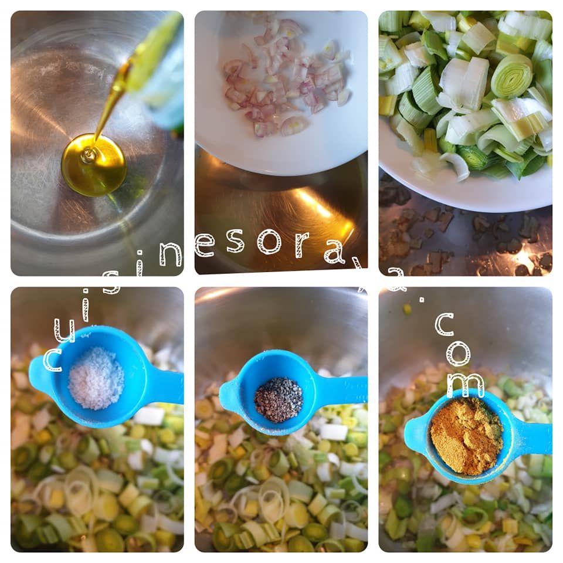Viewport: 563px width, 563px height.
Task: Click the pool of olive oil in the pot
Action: (x=94, y=165)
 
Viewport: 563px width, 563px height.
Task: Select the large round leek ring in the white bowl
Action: (x=511, y=76)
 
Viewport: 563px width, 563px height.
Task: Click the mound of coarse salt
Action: (x=96, y=378)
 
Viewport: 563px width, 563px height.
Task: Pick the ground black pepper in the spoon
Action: (x=279, y=399)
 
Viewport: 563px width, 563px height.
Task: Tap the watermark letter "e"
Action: (x=205, y=245)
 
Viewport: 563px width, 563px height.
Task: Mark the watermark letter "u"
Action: (x=65, y=330)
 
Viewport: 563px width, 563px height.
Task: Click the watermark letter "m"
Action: (x=466, y=385)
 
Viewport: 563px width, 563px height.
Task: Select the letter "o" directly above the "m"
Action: (x=458, y=353)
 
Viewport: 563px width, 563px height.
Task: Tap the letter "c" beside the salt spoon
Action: (x=52, y=359)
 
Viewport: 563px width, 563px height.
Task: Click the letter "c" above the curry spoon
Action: (x=445, y=324)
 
